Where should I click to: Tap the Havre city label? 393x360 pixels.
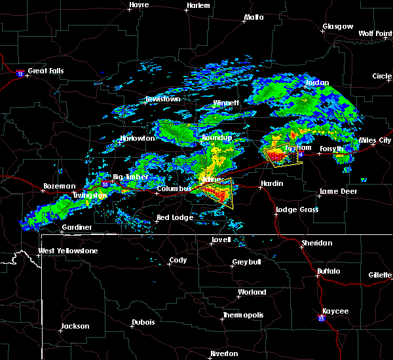tap(139, 5)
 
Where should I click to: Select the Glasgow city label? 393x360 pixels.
tap(337, 27)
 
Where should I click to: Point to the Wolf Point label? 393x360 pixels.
tap(375, 33)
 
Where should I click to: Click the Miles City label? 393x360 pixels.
tap(375, 141)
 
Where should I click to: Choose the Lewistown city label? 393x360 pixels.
tap(162, 99)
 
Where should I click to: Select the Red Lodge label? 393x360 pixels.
tap(174, 217)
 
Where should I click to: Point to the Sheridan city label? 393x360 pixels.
tap(316, 243)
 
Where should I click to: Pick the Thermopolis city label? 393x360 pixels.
tap(244, 315)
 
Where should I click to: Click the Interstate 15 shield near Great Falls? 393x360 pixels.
tap(20, 74)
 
